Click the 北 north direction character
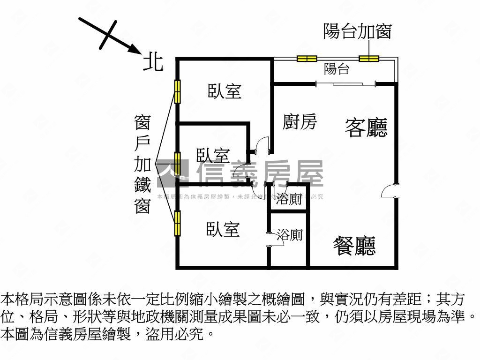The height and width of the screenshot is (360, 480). pyautogui.click(x=153, y=62)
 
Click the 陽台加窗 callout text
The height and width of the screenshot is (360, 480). pyautogui.click(x=357, y=32)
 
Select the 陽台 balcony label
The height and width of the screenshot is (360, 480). pyautogui.click(x=337, y=69)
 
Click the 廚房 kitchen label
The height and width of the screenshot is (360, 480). pyautogui.click(x=300, y=122)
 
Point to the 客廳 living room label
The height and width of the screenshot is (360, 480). pyautogui.click(x=366, y=127)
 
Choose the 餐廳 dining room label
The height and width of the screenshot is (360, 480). pyautogui.click(x=354, y=245)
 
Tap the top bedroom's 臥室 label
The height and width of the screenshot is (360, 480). pyautogui.click(x=225, y=91)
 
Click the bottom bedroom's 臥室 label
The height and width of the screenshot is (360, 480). pyautogui.click(x=223, y=229)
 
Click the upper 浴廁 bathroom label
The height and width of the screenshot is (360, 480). pyautogui.click(x=289, y=200)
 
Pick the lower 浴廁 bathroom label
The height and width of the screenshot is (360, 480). pyautogui.click(x=289, y=235)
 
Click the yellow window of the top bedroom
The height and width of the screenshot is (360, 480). pyautogui.click(x=178, y=92)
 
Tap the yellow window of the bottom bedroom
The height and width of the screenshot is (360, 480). pyautogui.click(x=178, y=223)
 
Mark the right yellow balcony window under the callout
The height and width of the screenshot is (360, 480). pyautogui.click(x=369, y=59)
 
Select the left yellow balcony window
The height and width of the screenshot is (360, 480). pyautogui.click(x=307, y=59)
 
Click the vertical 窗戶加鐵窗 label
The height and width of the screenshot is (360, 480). pyautogui.click(x=142, y=164)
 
